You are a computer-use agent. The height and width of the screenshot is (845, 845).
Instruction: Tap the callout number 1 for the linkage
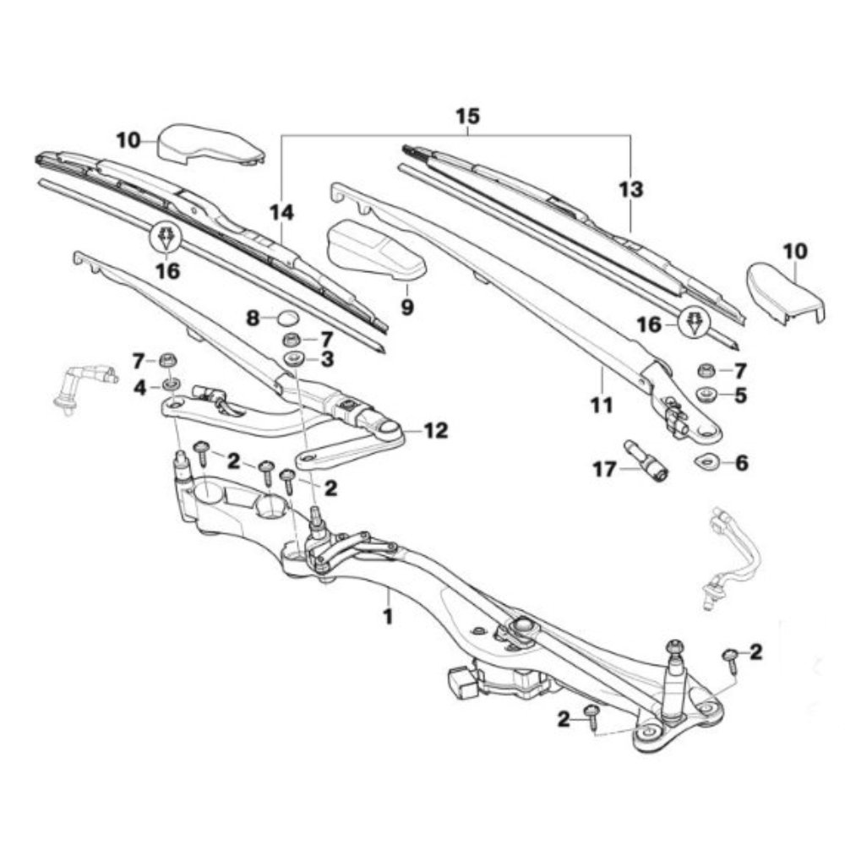[388, 617]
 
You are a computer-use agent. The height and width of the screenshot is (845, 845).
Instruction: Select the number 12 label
[436, 431]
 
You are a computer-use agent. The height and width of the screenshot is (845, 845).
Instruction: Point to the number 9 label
[407, 308]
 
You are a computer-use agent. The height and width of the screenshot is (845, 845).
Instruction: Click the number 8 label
[252, 319]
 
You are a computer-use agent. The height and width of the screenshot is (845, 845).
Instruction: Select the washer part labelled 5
[703, 394]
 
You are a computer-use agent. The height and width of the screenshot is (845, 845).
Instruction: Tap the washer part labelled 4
[169, 385]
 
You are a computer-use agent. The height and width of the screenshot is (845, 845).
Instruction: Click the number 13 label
[630, 190]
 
